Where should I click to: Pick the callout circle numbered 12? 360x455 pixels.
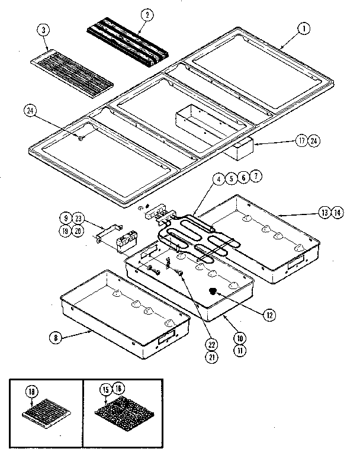point(270,315)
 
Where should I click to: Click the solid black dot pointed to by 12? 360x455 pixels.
point(214,292)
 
